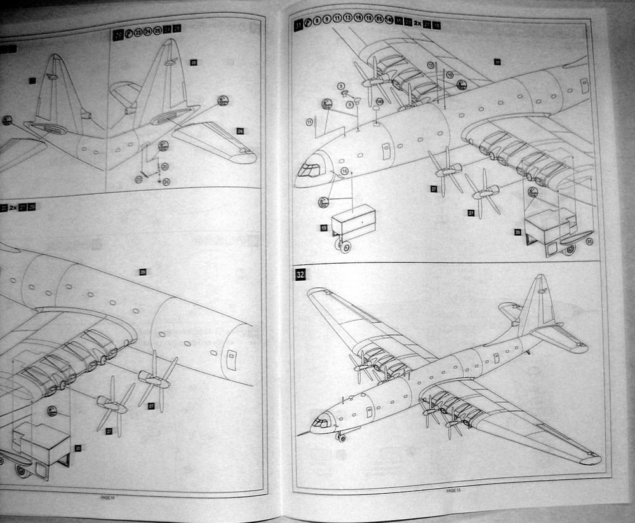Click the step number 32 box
(x=300, y=275)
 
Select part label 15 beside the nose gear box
(x=323, y=228)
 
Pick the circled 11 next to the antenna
(x=310, y=120)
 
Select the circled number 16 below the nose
(x=345, y=172)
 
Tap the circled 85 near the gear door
(x=591, y=241)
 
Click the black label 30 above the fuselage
(x=497, y=62)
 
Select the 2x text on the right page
(x=417, y=24)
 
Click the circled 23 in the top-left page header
(x=138, y=32)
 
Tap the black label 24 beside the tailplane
(x=240, y=131)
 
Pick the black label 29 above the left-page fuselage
(x=143, y=271)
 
